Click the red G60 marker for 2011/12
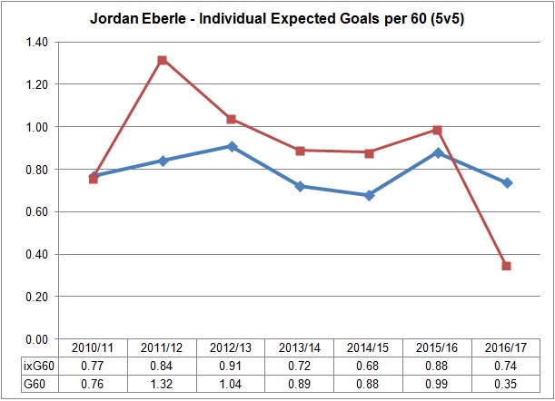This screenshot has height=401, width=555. pos(162,60)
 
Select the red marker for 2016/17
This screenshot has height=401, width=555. pos(506,266)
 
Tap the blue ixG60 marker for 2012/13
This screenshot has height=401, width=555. pos(231,146)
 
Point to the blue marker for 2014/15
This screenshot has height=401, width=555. pos(369,195)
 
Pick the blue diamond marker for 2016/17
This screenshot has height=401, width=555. pos(506,182)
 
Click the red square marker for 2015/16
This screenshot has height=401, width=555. pos(437,130)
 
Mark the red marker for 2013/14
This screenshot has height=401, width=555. pos(300,151)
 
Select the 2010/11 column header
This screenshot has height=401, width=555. pos(93,348)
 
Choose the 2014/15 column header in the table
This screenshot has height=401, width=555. pos(369,348)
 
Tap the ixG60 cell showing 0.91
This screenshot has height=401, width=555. pos(231,365)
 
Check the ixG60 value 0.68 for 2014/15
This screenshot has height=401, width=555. pos(369,365)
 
